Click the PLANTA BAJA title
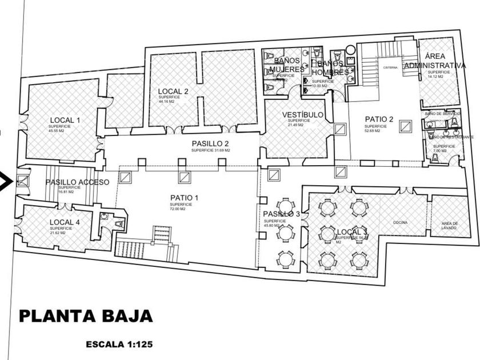pos(86,316)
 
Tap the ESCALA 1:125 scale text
pos(119,345)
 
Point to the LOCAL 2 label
pos(173,91)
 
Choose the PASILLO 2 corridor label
pos(210,143)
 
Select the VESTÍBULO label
pos(303,115)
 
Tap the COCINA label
pos(399,222)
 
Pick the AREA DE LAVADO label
pos(449,226)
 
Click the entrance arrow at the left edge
pos(5,182)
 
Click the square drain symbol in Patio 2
pos(405,125)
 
